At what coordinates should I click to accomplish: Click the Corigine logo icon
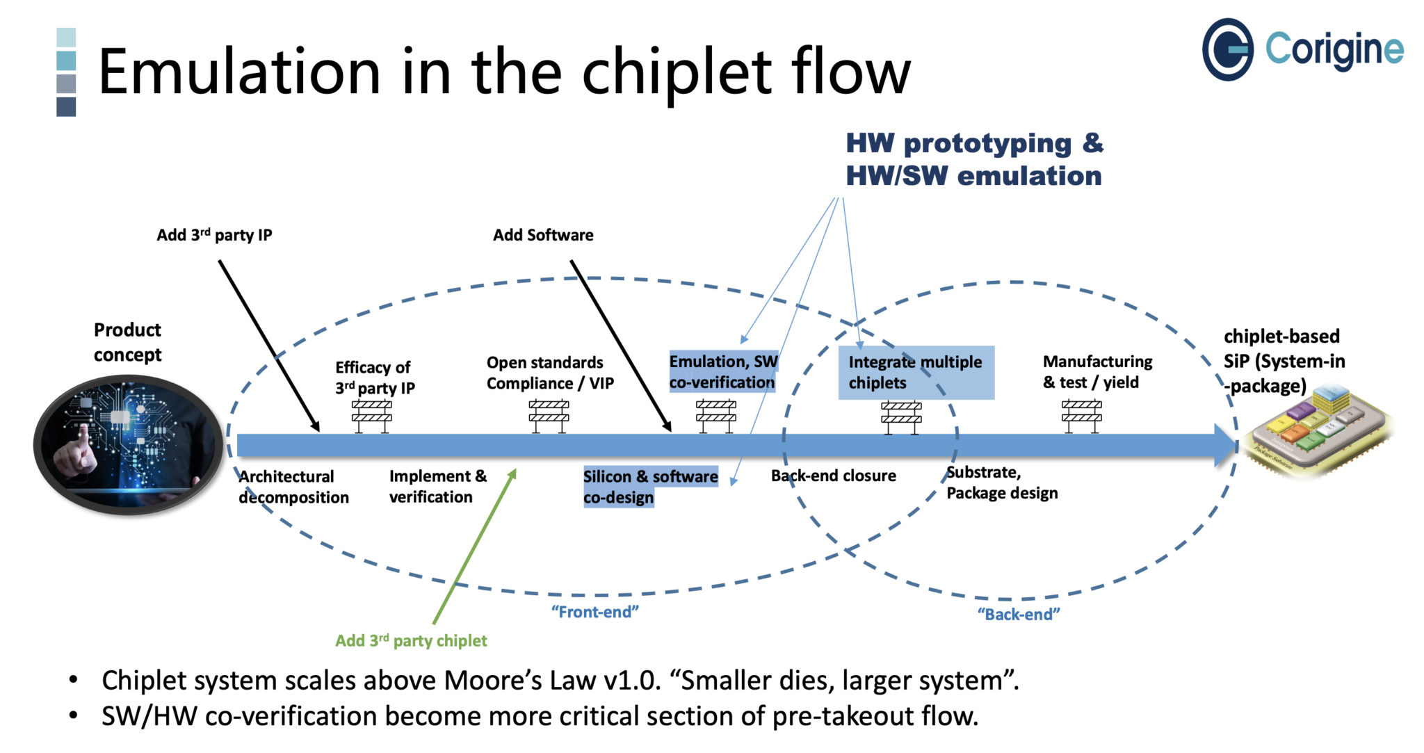(1227, 49)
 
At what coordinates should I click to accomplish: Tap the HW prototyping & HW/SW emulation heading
(973, 159)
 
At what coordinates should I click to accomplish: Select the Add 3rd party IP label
(214, 235)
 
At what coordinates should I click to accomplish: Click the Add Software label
(543, 235)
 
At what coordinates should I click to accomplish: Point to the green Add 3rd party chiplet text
(411, 640)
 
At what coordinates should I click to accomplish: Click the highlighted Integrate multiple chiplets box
(916, 373)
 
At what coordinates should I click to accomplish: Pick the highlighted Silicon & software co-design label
(650, 486)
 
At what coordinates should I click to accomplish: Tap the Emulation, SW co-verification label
(722, 372)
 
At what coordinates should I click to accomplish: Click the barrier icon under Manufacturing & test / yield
(1081, 416)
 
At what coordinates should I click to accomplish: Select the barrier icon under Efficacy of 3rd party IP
(372, 416)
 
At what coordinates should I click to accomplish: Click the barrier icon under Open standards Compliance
(549, 416)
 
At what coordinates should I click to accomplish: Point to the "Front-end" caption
(594, 612)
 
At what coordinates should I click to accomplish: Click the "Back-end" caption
(1019, 614)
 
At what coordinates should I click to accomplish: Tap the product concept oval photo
(128, 444)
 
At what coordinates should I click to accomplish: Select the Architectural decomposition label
(293, 487)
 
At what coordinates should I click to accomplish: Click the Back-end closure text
(833, 476)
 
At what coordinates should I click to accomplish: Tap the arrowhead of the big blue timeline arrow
(1225, 445)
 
